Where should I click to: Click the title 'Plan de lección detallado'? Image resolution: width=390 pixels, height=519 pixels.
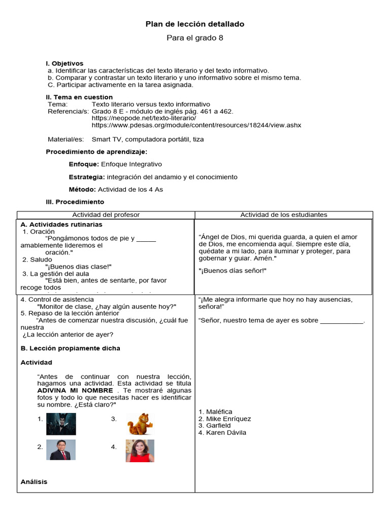click(195, 24)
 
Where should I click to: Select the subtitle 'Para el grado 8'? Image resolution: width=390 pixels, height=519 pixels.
click(195, 38)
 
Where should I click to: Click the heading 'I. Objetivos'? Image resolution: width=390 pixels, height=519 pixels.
click(64, 63)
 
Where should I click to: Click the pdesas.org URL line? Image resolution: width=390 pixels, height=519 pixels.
click(196, 125)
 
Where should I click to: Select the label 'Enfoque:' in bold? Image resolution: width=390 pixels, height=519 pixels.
click(84, 164)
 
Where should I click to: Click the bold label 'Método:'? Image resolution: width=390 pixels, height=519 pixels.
click(82, 190)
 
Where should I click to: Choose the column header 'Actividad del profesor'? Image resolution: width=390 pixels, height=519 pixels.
click(106, 215)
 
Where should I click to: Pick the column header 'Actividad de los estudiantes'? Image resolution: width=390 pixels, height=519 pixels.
click(283, 215)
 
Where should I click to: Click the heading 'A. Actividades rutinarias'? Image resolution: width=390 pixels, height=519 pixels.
click(61, 225)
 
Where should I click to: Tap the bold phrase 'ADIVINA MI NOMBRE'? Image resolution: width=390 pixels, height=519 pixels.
click(76, 391)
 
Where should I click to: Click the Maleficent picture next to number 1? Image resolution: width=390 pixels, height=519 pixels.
click(61, 424)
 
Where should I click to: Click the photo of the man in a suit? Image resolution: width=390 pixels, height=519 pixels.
click(61, 450)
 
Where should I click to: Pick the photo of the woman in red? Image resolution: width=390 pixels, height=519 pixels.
click(140, 451)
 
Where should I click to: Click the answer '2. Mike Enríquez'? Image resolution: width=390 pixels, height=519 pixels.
click(224, 419)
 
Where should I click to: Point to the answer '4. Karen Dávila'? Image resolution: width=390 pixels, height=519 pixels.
click(222, 432)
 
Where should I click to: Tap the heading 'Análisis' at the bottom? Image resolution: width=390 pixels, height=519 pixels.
click(34, 481)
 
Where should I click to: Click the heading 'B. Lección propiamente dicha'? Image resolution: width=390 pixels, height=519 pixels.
click(70, 348)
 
